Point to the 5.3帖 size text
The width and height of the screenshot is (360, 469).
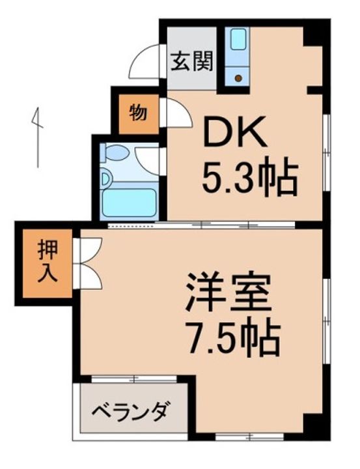tap(249, 178)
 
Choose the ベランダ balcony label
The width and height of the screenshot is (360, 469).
tap(131, 411)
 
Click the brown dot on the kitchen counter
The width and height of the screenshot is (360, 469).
tap(238, 78)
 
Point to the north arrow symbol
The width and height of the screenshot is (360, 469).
tap(38, 136)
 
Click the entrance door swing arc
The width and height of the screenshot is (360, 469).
tap(145, 63)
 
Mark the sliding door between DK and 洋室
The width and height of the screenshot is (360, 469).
tap(202, 225)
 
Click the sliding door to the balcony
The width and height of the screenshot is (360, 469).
tap(133, 378)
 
